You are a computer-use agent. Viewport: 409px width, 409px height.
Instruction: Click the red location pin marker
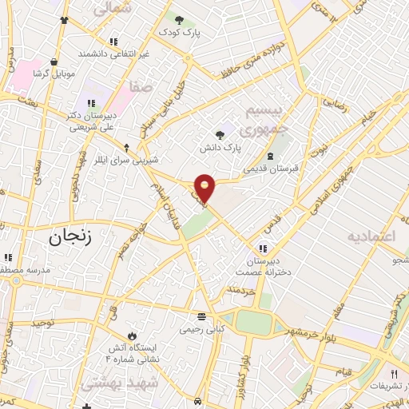(x=205, y=187)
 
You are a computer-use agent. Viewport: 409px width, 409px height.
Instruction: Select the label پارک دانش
(x=220, y=148)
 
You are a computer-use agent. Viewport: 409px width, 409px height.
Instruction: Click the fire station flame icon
(x=133, y=336)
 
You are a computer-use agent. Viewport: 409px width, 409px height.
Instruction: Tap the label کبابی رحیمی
(x=201, y=328)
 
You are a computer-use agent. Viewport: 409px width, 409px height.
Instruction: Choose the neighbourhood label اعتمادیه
(x=371, y=237)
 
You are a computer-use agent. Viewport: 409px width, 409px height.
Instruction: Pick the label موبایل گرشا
(x=54, y=73)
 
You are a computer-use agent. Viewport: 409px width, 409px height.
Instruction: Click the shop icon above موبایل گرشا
(x=54, y=61)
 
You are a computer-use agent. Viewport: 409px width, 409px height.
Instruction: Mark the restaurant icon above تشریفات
(x=394, y=373)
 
